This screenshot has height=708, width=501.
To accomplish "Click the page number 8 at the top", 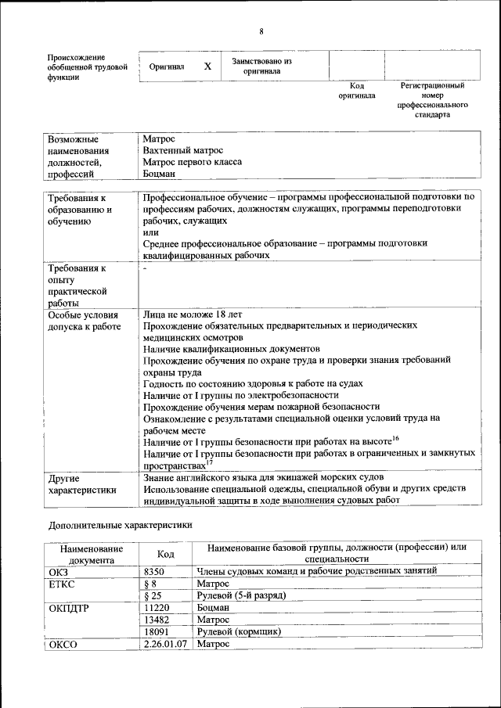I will tap(261, 31).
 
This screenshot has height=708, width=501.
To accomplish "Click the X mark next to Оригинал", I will tap(207, 66).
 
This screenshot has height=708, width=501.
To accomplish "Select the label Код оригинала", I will tap(357, 90).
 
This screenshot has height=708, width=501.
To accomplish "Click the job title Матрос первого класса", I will tap(193, 162).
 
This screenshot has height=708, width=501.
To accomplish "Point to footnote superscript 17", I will tap(210, 462).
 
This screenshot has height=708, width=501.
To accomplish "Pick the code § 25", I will tap(153, 595).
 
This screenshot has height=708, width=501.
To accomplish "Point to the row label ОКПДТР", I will tap(70, 608).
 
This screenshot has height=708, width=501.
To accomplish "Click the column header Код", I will tap(164, 553).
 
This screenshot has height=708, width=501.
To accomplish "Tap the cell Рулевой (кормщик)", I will tap(239, 631).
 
